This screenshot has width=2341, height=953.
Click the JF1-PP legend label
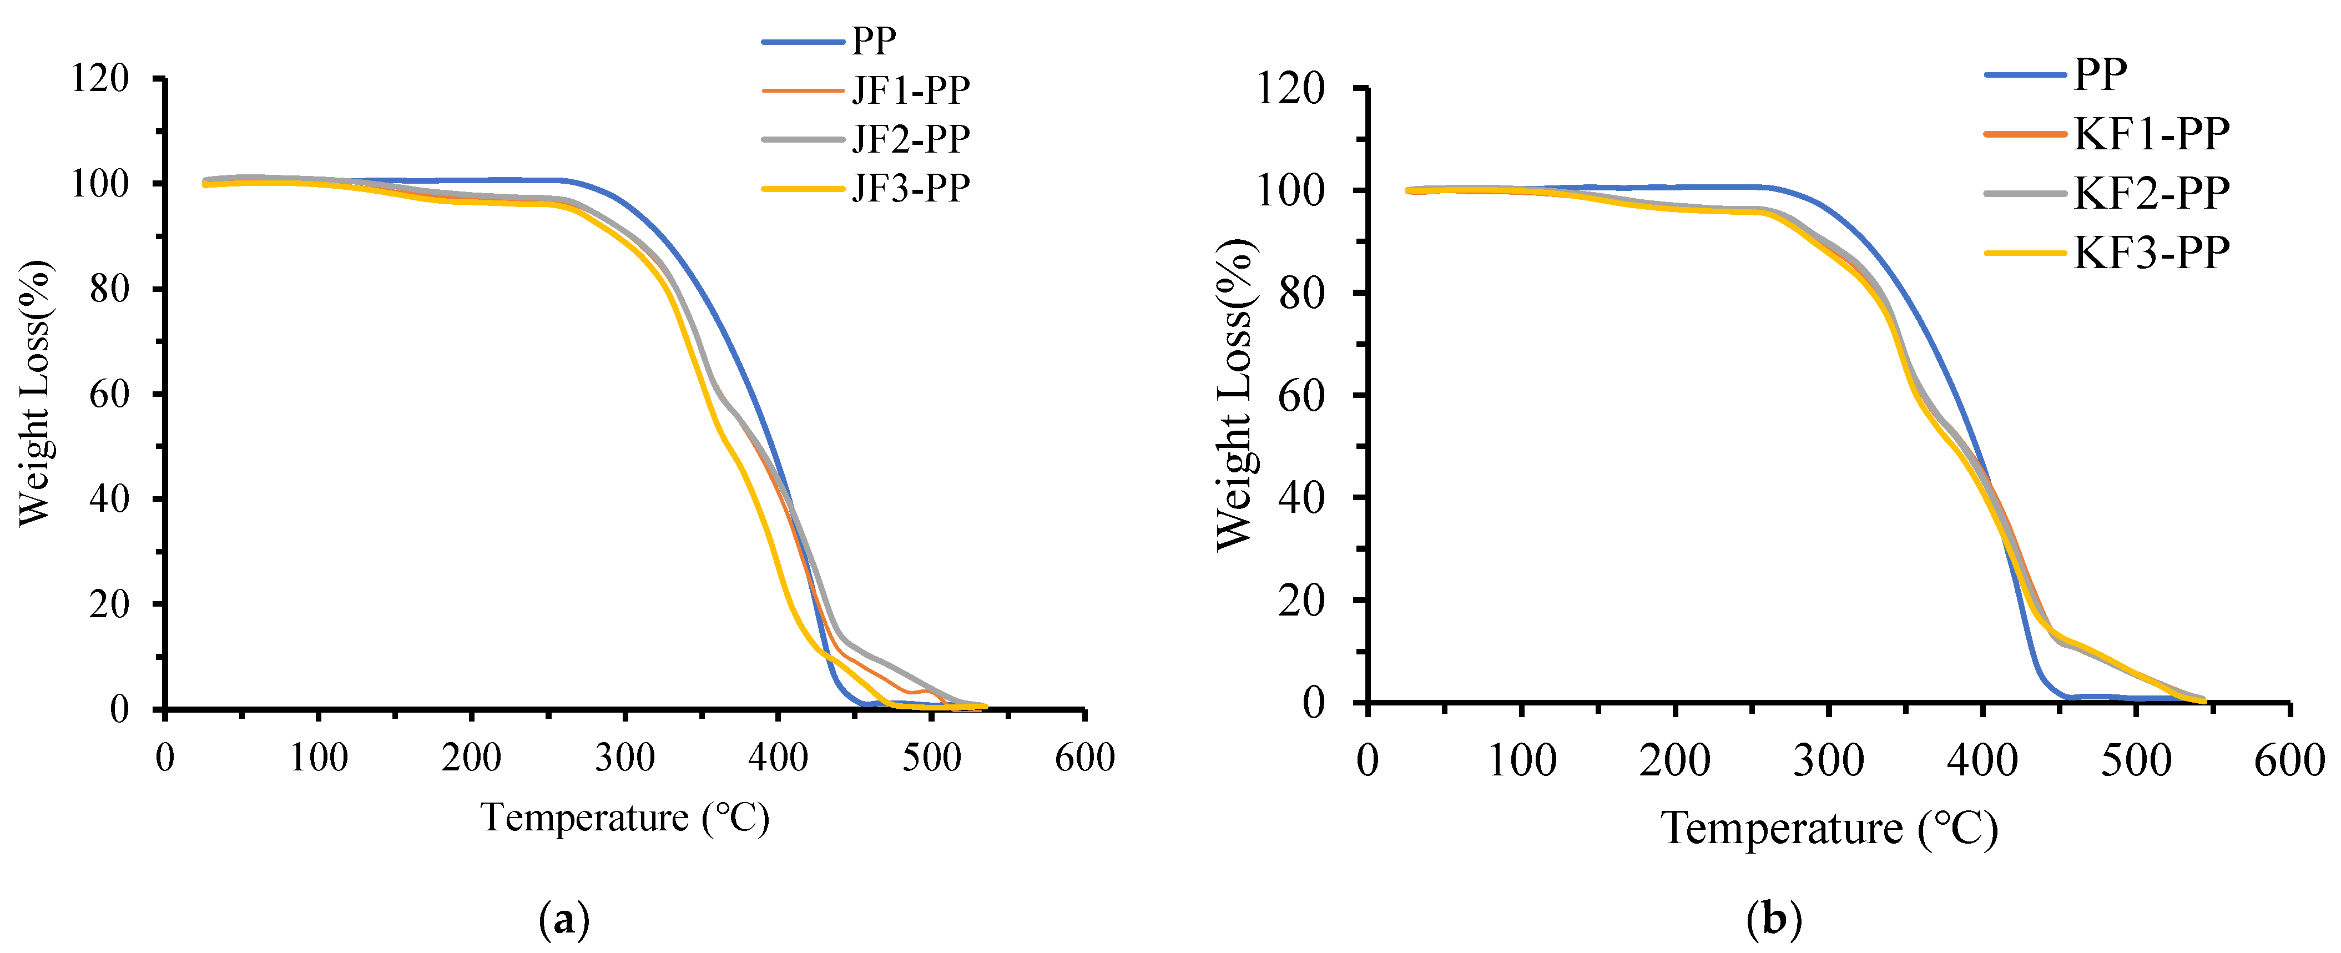point(911,90)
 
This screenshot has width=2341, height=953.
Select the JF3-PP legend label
point(911,188)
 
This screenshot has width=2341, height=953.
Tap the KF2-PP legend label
point(2151,193)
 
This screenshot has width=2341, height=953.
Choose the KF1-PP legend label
point(2151,134)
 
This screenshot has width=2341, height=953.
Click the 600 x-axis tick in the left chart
point(1084,757)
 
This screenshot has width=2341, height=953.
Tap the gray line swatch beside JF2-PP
point(803,139)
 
